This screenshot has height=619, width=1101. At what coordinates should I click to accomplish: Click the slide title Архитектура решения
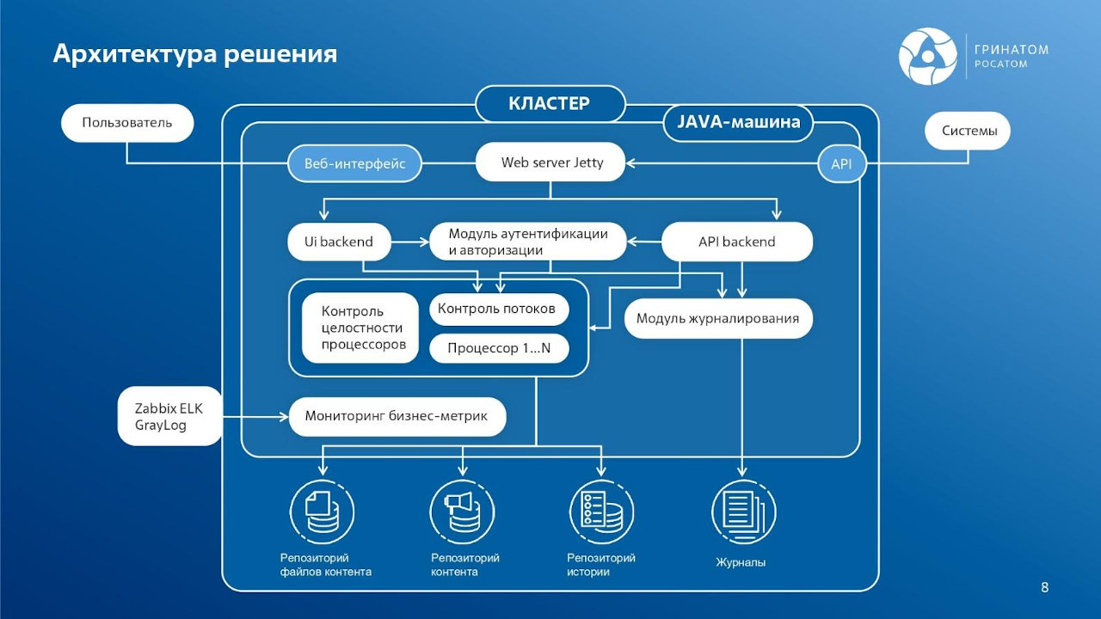click(x=194, y=54)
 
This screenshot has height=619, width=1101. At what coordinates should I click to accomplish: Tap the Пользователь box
click(x=127, y=122)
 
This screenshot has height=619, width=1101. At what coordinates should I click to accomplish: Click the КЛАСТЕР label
click(x=550, y=104)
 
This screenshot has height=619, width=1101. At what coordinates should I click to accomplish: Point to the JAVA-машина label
click(x=738, y=122)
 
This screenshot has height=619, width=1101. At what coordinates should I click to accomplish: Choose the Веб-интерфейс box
click(x=354, y=163)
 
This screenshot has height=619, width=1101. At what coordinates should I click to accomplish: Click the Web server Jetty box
click(x=551, y=162)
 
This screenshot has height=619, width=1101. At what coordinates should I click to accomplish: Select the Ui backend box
click(x=339, y=242)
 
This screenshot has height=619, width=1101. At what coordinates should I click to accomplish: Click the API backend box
click(x=736, y=242)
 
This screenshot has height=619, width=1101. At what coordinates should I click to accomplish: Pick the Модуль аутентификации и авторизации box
click(x=527, y=242)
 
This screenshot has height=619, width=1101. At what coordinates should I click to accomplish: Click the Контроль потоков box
click(x=498, y=309)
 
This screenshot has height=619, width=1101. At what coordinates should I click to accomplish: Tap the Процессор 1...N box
click(x=499, y=348)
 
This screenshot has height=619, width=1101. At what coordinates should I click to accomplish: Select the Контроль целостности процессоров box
click(x=361, y=328)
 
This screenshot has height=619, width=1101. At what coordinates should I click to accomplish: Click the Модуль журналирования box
click(x=717, y=318)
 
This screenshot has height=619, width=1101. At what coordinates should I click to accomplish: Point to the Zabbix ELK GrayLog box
click(x=169, y=417)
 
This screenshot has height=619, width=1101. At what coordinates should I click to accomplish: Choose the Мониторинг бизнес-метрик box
click(x=397, y=416)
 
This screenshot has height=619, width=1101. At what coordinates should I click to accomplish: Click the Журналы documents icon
click(x=743, y=513)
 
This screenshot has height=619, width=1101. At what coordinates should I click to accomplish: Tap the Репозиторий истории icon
click(x=602, y=513)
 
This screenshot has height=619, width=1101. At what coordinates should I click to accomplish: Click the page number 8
click(x=1044, y=588)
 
